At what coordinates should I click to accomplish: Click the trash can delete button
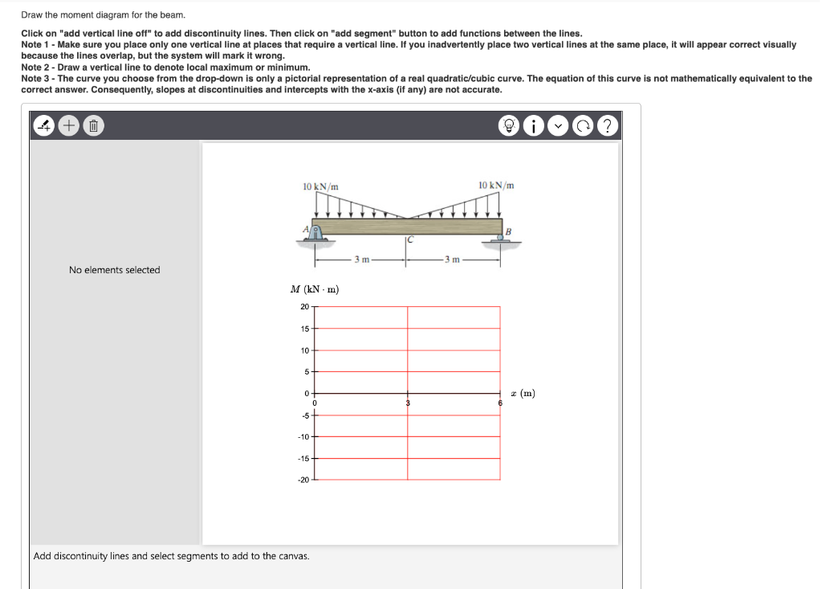pyautogui.click(x=93, y=125)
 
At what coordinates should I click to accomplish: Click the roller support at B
pyautogui.click(x=501, y=239)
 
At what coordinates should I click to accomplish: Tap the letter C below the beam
pyautogui.click(x=409, y=239)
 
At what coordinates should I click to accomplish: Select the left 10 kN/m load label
pyautogui.click(x=320, y=186)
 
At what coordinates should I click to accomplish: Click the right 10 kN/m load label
pyautogui.click(x=496, y=186)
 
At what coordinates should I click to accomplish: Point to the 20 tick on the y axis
pyautogui.click(x=304, y=307)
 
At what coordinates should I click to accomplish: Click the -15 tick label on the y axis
pyautogui.click(x=303, y=459)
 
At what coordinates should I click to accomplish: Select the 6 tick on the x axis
pyautogui.click(x=500, y=402)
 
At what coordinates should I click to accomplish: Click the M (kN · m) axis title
pyautogui.click(x=314, y=289)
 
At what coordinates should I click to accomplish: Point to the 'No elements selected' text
pyautogui.click(x=114, y=270)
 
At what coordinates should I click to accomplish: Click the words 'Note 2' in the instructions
pyautogui.click(x=36, y=67)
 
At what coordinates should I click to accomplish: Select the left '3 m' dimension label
pyautogui.click(x=363, y=260)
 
